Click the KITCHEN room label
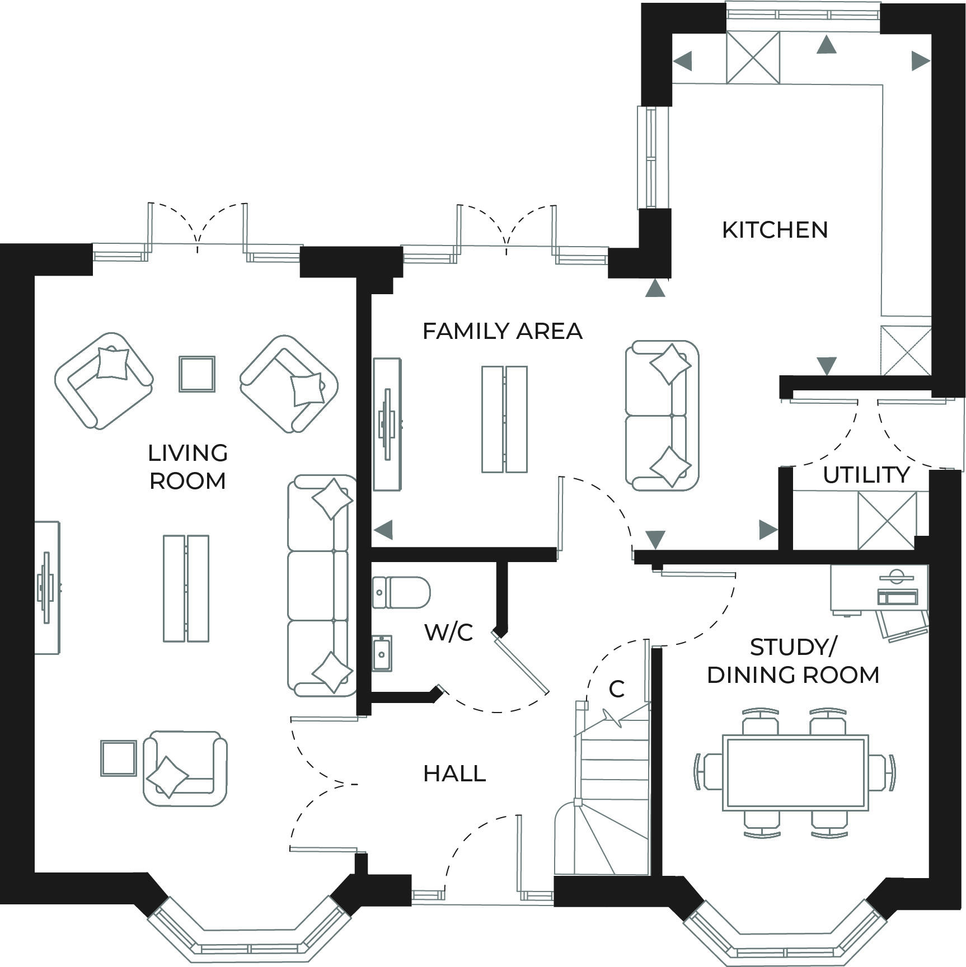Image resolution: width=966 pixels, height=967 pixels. pyautogui.click(x=775, y=230)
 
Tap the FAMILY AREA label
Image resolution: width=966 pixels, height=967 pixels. pyautogui.click(x=502, y=331)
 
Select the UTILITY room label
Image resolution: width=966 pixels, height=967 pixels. pyautogui.click(x=866, y=475)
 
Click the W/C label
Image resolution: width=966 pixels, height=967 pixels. pyautogui.click(x=449, y=633)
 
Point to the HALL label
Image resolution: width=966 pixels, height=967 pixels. pyautogui.click(x=454, y=773)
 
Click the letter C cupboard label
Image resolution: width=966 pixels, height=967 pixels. pyautogui.click(x=616, y=690)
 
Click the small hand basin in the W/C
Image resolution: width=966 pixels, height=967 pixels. pyautogui.click(x=382, y=653)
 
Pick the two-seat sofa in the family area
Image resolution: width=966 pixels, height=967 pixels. pyautogui.click(x=662, y=416)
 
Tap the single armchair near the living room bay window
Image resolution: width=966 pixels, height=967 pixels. pyautogui.click(x=185, y=767)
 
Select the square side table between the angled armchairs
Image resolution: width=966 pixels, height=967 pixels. pyautogui.click(x=197, y=374)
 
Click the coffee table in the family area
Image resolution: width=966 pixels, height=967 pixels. pyautogui.click(x=504, y=419)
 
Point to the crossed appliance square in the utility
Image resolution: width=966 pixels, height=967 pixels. pyautogui.click(x=887, y=521)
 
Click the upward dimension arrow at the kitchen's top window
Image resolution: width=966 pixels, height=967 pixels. pyautogui.click(x=826, y=45)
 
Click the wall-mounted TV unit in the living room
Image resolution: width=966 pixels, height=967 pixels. pyautogui.click(x=47, y=587)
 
